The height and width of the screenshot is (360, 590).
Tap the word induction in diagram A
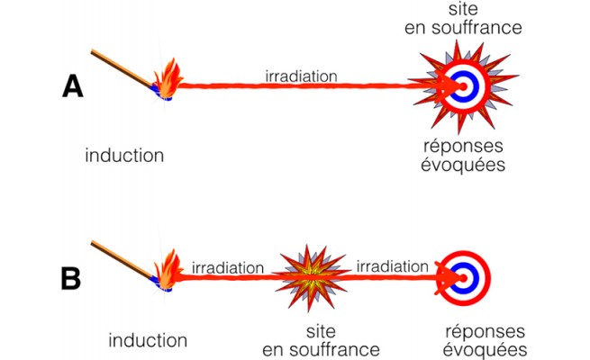(x=124, y=155)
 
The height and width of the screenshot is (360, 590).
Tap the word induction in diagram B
(x=148, y=340)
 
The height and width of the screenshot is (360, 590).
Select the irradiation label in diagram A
(x=301, y=76)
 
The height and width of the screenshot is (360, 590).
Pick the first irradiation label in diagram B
(x=227, y=267)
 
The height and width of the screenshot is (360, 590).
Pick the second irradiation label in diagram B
(x=393, y=267)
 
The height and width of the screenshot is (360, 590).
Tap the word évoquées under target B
(x=479, y=350)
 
